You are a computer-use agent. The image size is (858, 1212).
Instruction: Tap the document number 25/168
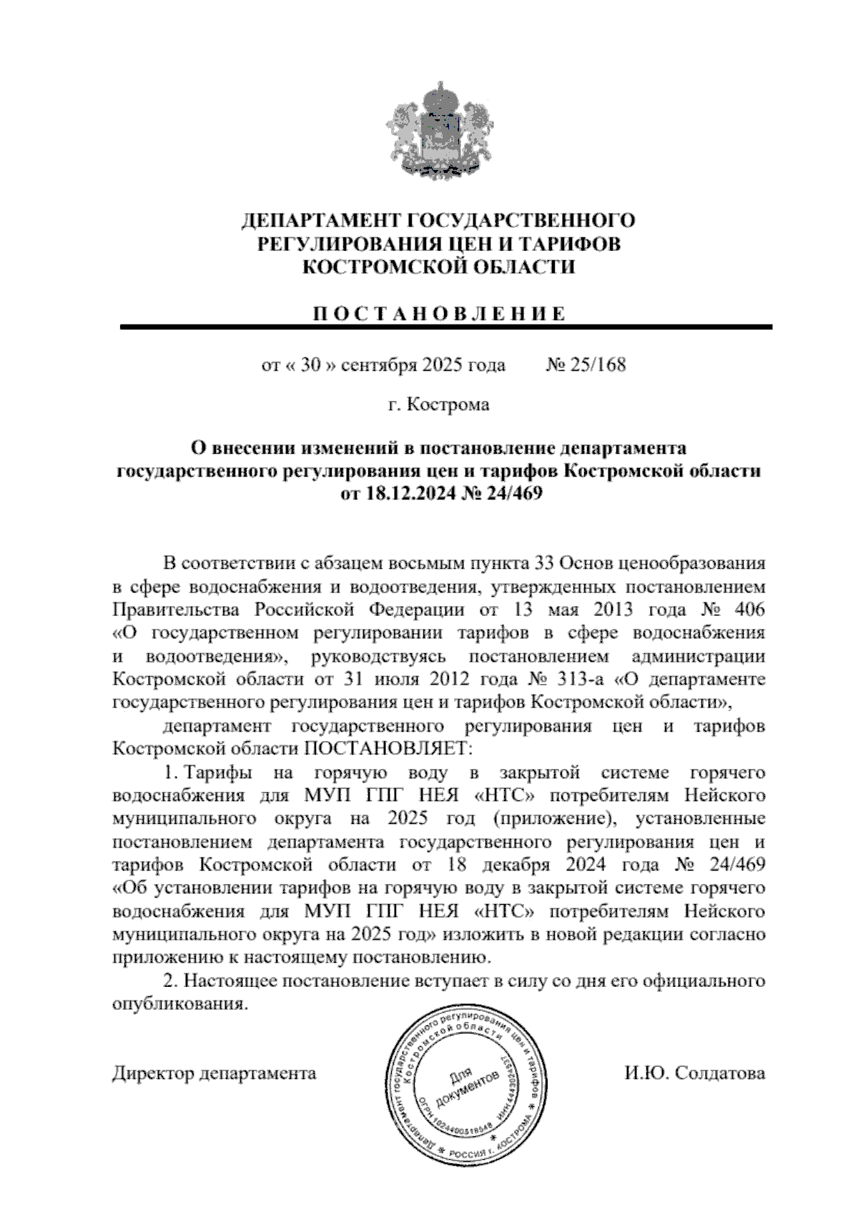pyautogui.click(x=596, y=366)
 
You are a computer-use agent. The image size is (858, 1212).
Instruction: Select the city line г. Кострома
pyautogui.click(x=439, y=405)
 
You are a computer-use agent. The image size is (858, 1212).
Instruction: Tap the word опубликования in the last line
pyautogui.click(x=180, y=1004)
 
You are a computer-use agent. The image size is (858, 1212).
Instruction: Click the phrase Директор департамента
pyautogui.click(x=214, y=1074)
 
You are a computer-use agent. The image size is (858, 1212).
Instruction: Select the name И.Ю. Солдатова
pyautogui.click(x=694, y=1073)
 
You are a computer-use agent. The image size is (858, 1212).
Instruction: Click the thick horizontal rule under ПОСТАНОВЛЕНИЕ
pyautogui.click(x=446, y=327)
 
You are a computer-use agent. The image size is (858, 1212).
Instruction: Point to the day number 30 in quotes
pyautogui.click(x=309, y=366)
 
